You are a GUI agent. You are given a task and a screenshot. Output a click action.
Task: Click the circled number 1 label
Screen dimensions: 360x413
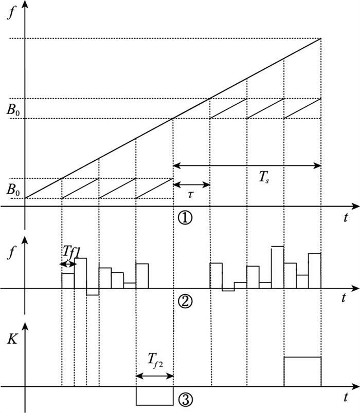(x=186, y=218)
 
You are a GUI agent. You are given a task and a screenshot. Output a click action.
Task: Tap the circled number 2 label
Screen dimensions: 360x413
(x=186, y=302)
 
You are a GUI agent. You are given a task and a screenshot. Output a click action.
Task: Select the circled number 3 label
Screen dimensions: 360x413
(x=186, y=400)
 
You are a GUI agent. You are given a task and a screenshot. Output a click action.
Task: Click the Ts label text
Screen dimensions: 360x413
(x=264, y=177)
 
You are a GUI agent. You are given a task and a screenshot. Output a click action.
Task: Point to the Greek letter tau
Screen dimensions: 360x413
(x=190, y=194)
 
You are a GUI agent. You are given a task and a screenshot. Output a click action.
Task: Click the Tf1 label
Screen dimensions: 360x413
(x=71, y=252)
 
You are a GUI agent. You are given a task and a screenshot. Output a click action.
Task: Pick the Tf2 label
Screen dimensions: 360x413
(x=155, y=360)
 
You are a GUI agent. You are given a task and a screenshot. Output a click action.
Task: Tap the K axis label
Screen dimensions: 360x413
(x=12, y=340)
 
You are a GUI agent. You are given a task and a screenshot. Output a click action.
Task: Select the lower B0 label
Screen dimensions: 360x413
(x=13, y=190)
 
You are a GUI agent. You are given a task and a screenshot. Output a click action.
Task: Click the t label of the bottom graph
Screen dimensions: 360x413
(x=346, y=397)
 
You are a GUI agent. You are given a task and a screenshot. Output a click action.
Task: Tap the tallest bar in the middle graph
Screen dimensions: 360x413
(x=278, y=267)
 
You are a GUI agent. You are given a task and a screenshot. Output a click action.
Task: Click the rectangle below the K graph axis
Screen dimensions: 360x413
(x=155, y=396)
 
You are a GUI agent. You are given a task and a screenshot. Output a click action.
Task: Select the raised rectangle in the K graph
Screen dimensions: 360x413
(x=302, y=371)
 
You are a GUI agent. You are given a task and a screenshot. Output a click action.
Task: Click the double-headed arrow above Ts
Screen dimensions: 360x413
(x=247, y=166)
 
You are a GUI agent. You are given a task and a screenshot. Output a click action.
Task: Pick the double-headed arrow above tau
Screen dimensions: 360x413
(x=192, y=184)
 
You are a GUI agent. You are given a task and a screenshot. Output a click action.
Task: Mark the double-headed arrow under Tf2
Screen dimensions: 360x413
(x=155, y=376)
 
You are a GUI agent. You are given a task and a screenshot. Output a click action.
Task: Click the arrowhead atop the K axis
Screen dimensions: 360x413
(x=25, y=327)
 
